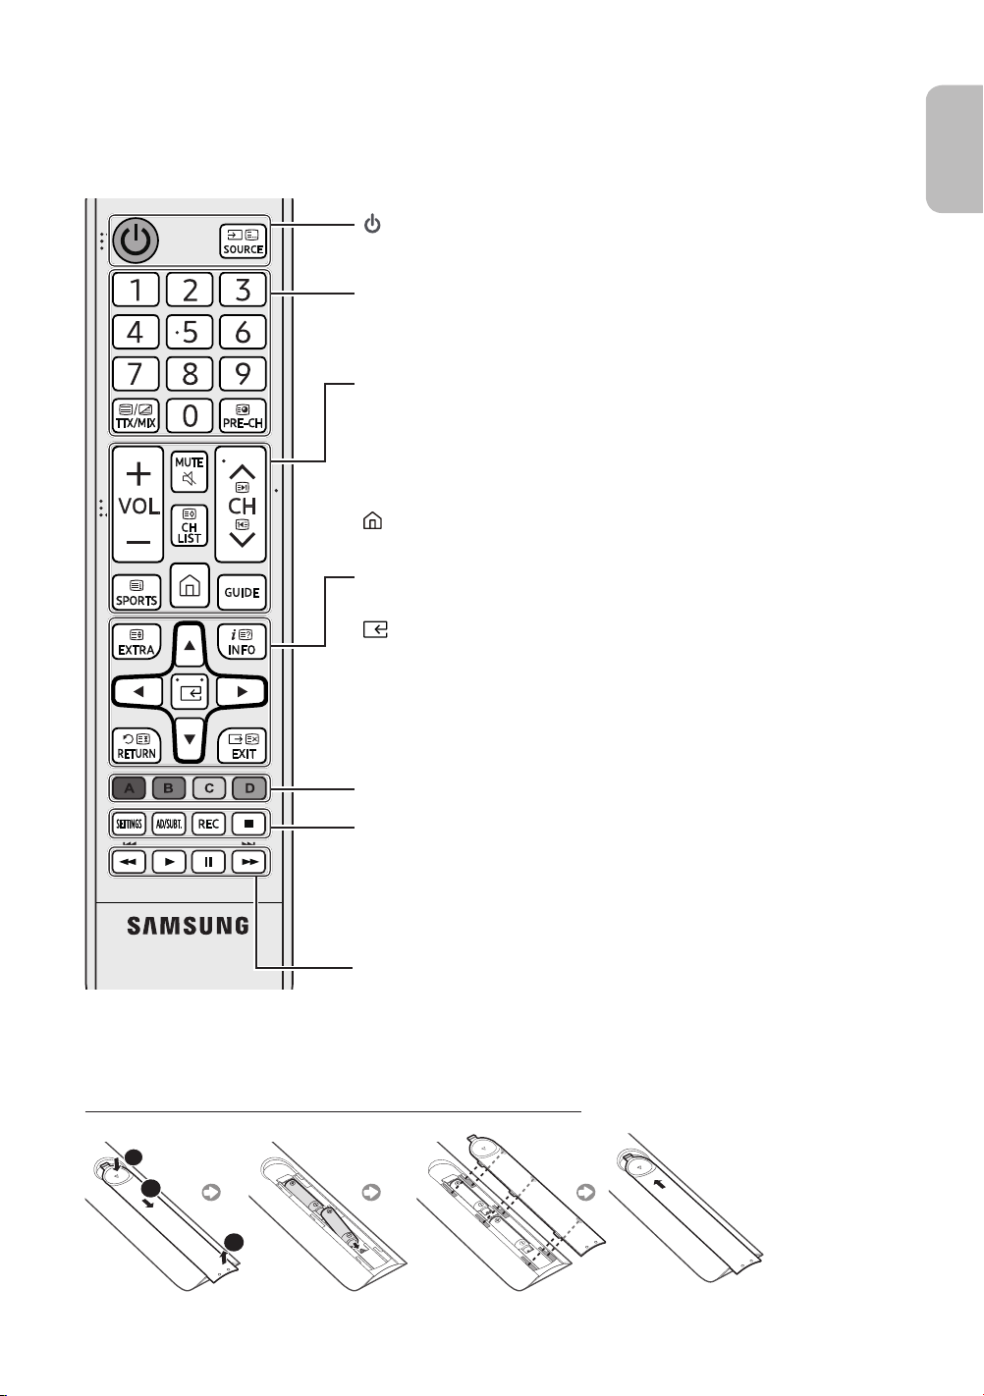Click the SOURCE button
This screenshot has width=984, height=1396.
click(244, 242)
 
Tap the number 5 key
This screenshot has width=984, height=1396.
click(190, 332)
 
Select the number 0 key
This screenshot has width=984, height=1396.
click(190, 415)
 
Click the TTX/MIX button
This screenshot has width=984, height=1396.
click(136, 415)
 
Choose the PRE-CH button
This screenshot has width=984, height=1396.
click(244, 415)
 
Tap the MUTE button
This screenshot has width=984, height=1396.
click(190, 471)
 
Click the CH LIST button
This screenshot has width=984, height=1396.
click(190, 525)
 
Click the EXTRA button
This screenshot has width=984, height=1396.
click(137, 642)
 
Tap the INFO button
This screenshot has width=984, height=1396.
click(242, 642)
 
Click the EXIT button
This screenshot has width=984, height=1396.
click(242, 746)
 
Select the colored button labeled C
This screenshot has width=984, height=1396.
click(209, 788)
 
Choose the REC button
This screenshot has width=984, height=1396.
click(208, 824)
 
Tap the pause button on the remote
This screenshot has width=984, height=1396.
click(208, 862)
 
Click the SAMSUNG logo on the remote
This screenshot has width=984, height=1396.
click(189, 926)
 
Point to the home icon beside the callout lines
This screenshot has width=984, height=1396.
click(372, 520)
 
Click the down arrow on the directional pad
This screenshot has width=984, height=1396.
click(190, 740)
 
